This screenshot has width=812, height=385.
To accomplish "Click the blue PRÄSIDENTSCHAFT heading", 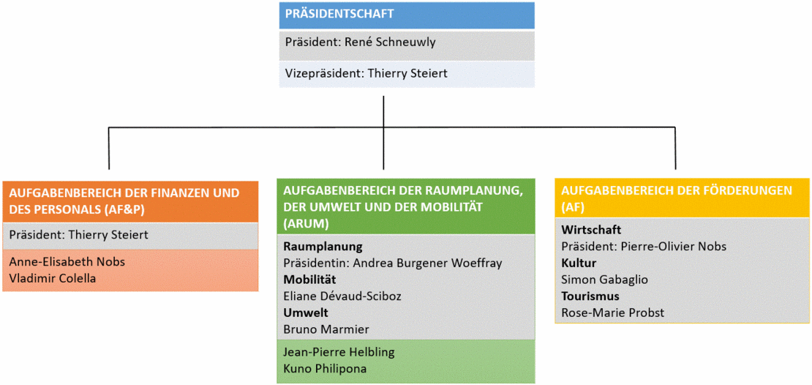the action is point(339,13).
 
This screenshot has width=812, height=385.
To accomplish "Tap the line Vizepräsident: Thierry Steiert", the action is point(366,74).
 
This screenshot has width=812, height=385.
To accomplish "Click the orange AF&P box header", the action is point(130,201).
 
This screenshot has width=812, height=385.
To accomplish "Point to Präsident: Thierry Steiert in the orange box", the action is point(79,234).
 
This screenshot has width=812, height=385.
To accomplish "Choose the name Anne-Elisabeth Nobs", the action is point(67,262).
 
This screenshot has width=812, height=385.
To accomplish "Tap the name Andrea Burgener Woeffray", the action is point(428,263).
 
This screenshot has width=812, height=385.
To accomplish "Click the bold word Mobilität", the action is point(309,280).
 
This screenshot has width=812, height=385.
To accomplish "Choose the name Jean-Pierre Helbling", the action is point(339,352).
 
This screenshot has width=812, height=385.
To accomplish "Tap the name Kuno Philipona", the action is point(325,368).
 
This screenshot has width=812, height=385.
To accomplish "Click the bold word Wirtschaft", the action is point(591,230).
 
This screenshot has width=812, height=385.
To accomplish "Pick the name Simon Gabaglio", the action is point(604,280).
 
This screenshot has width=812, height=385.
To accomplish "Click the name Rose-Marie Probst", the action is point(612,313).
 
